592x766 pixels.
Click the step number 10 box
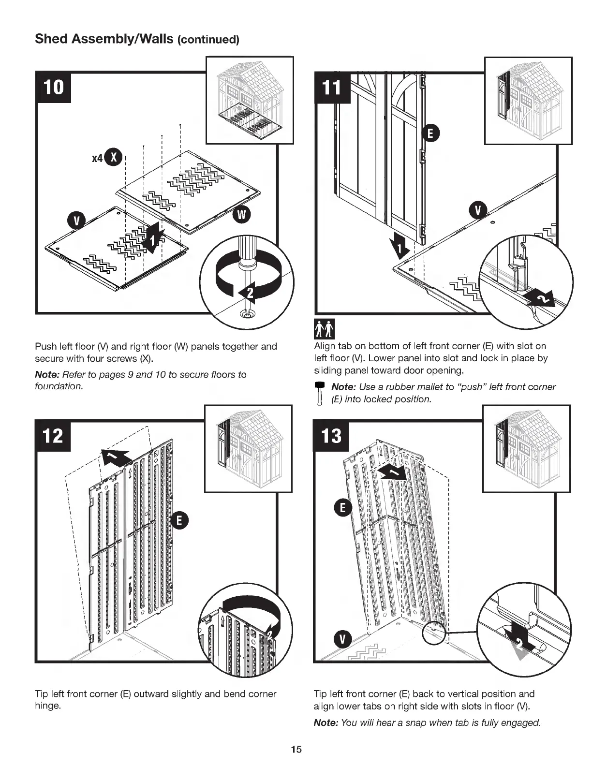coord(53,88)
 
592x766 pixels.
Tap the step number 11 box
coord(332,88)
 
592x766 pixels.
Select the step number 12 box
coord(53,436)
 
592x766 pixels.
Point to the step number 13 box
coord(332,436)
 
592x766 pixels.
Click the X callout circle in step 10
coord(115,158)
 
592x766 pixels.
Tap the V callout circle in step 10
coord(75,221)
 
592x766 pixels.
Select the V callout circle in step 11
coord(478,210)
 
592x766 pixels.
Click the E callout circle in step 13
coord(343,508)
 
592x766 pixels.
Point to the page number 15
coord(296,750)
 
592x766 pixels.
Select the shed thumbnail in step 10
coord(250,100)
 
